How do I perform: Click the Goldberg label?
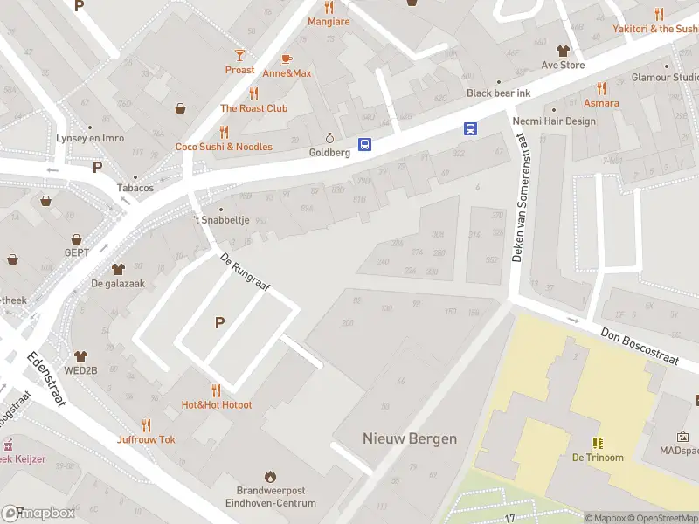(x=329, y=152)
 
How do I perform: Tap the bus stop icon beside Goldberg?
(x=364, y=145)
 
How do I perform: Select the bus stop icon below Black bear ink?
(x=470, y=129)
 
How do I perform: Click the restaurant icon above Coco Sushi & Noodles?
(x=224, y=132)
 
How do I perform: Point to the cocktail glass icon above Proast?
(x=239, y=55)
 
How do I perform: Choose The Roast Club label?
(x=253, y=108)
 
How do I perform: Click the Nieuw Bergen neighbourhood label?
(x=410, y=438)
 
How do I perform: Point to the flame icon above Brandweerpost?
(x=270, y=476)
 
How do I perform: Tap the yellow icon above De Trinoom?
(x=598, y=443)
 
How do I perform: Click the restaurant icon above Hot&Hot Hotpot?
(x=216, y=390)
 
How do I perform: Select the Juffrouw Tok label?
(x=146, y=439)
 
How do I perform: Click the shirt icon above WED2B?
(x=81, y=356)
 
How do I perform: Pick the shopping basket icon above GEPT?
(x=77, y=238)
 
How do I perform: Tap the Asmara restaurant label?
(x=601, y=103)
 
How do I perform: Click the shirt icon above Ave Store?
(x=563, y=50)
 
